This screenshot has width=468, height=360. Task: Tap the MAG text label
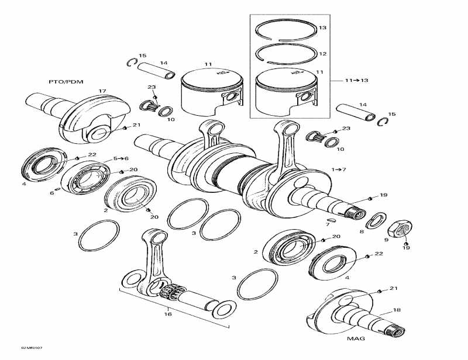click(x=355, y=339)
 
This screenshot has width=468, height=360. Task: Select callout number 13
click(x=322, y=28)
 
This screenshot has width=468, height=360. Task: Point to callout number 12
click(x=322, y=54)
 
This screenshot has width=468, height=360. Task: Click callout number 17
click(x=102, y=91)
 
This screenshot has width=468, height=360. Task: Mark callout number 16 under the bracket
click(x=168, y=314)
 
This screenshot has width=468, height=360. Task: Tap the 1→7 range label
click(x=339, y=169)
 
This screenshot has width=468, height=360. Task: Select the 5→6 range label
click(x=120, y=158)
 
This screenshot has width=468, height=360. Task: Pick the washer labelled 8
click(x=374, y=220)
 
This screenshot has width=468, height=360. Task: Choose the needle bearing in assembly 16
click(x=173, y=290)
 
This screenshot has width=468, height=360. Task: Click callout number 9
click(x=387, y=239)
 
